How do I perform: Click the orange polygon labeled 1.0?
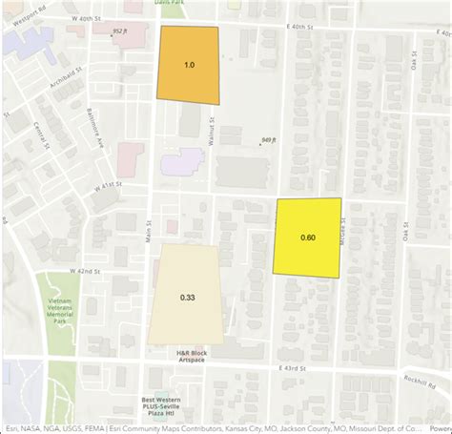(x=189, y=65)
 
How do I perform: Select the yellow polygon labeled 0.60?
(x=308, y=238)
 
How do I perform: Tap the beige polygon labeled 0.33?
(x=188, y=297)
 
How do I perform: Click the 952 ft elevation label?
(x=120, y=31)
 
